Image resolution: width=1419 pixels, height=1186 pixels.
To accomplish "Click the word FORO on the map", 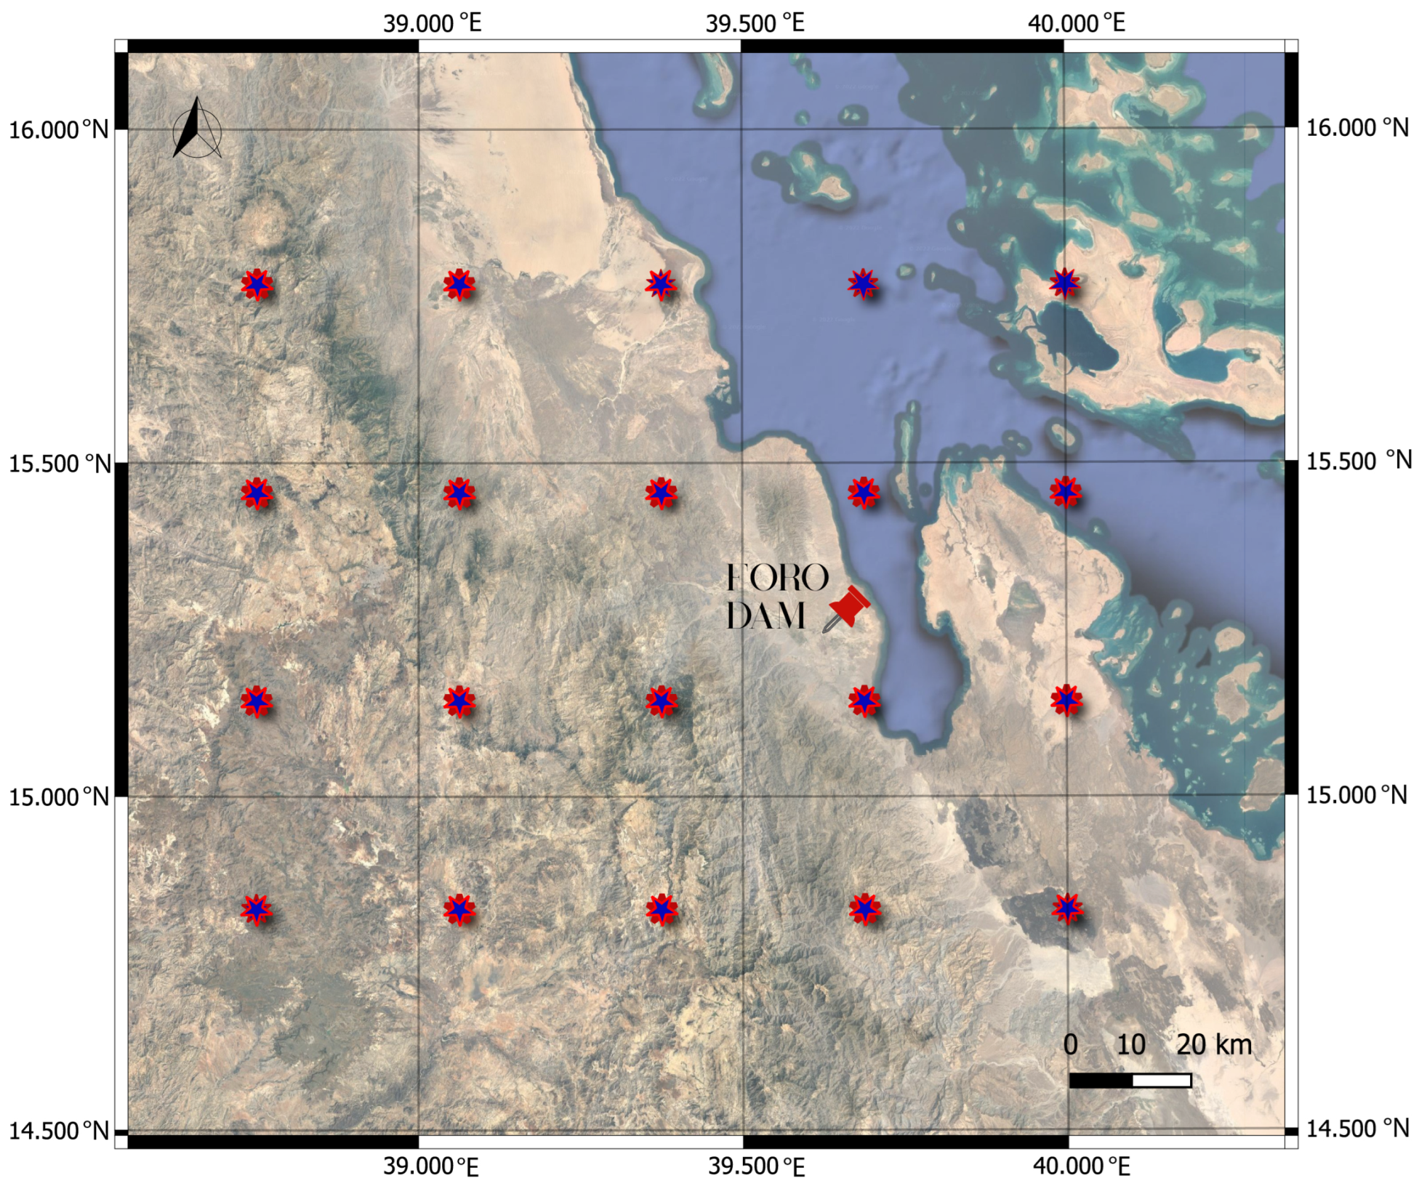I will click(x=777, y=578).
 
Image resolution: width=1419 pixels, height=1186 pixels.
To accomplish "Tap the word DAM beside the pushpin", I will click(x=765, y=616).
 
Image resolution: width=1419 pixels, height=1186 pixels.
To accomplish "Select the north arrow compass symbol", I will click(x=196, y=129).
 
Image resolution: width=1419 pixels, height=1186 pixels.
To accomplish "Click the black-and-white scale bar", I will click(x=1130, y=1081).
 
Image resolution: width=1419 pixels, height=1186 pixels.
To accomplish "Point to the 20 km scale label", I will click(x=1213, y=1044).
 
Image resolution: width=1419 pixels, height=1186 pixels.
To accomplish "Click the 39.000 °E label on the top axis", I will click(x=432, y=23).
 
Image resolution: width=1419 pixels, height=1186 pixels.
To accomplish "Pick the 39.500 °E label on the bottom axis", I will click(x=756, y=1167).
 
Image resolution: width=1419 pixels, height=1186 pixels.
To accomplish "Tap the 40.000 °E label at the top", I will click(x=1076, y=23).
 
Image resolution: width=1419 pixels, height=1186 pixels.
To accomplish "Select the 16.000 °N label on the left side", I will click(x=58, y=130).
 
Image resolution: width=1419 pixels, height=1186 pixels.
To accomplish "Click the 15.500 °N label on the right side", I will click(x=1359, y=461).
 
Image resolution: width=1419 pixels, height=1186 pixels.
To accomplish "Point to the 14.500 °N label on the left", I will click(x=58, y=1131).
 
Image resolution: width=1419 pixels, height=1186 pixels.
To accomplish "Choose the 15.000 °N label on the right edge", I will click(x=1356, y=795).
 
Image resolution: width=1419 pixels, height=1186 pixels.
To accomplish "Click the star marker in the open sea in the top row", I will click(x=863, y=283).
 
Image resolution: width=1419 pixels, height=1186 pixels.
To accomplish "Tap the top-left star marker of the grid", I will click(x=257, y=284).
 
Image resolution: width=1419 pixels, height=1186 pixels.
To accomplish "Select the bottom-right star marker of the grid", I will click(x=1067, y=908).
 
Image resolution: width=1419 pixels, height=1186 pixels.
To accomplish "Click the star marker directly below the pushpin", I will click(x=864, y=701).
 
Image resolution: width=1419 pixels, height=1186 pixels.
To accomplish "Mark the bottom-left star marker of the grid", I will click(x=257, y=909).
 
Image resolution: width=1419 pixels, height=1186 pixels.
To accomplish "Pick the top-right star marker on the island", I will click(x=1065, y=283).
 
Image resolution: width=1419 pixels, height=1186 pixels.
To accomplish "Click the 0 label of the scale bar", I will click(x=1070, y=1044).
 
